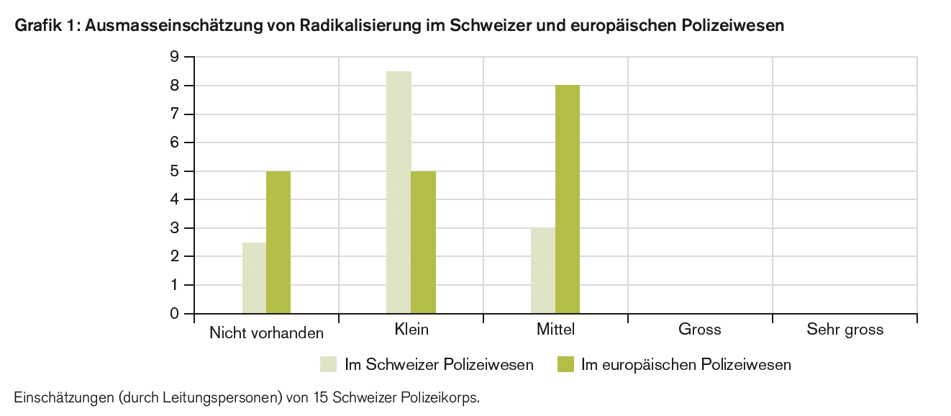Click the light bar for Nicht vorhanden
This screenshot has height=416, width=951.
coord(254,278)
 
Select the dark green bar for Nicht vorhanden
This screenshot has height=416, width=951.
coord(278,242)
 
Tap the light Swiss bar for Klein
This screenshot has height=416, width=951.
coord(399,192)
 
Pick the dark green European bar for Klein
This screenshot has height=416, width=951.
coord(423,242)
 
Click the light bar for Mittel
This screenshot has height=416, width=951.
coord(543,271)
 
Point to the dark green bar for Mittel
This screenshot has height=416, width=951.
coord(568,199)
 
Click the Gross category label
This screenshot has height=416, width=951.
coord(699,330)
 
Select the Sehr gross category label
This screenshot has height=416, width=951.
coord(845,330)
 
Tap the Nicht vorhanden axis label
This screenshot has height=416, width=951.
coord(266,333)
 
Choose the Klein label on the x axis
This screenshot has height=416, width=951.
coord(411,330)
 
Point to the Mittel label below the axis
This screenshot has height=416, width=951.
coord(555,330)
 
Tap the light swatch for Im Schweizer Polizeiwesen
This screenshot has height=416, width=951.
coord(328,365)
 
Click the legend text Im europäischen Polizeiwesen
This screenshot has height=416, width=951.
coord(686,365)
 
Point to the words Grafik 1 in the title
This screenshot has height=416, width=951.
coord(46,27)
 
